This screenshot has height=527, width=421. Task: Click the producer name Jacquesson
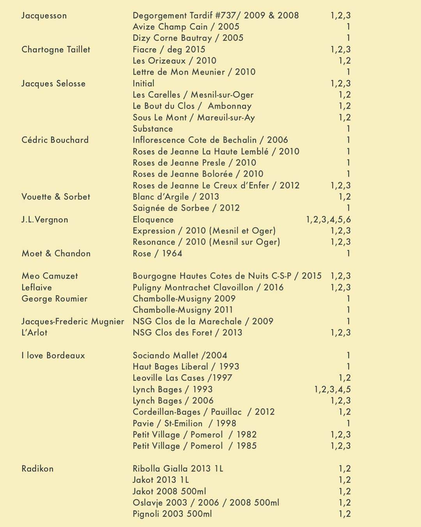pos(44,16)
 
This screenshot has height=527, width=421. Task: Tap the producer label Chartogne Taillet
pos(56,50)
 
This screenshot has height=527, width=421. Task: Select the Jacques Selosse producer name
pos(53,84)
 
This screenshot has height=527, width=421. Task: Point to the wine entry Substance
pos(152,129)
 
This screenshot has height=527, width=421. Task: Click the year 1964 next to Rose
pos(172,253)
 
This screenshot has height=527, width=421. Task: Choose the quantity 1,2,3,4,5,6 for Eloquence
pos(328,220)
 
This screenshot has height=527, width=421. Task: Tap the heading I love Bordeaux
pos(53,356)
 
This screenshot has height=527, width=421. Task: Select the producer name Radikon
pos(37,469)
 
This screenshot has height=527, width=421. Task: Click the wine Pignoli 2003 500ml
pos(172,514)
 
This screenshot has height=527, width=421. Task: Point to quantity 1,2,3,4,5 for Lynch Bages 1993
pos(333,390)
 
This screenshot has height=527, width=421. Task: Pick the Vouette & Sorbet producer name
pos(56,197)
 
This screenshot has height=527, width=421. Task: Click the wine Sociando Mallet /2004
pos(180,356)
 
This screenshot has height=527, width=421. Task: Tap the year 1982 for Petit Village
pos(246,435)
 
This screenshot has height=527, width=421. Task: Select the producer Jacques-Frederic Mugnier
pos(73,322)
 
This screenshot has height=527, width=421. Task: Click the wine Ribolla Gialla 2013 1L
pos(178,469)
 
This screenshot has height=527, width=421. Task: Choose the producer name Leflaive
pos(37,288)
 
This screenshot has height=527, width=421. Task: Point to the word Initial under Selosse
pos(143,84)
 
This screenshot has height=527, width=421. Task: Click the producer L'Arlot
pos(34,333)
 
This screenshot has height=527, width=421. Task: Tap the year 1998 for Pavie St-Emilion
pos(226,424)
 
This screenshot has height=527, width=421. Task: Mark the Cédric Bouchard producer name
pos(55,140)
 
